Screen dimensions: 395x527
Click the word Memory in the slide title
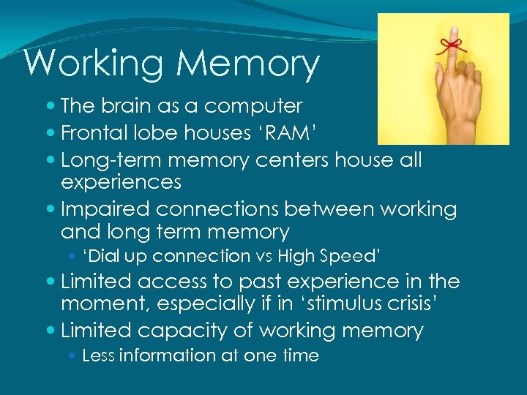point(248,64)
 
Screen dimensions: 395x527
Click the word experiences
point(121,181)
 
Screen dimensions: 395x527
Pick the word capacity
point(186,331)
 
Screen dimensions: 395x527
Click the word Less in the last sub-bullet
point(99,356)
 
